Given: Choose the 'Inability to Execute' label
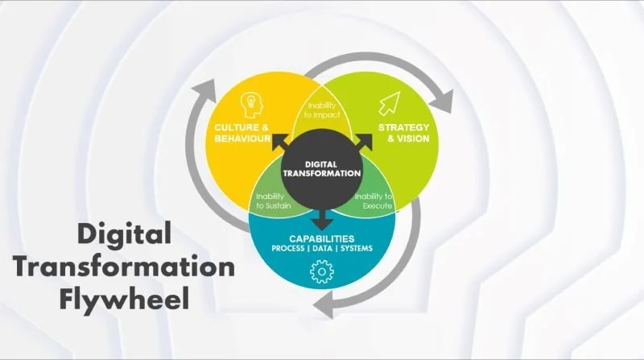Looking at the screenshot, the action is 373,201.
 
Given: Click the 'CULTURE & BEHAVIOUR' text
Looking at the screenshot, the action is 241,134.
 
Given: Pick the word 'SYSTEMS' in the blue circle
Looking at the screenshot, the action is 355,248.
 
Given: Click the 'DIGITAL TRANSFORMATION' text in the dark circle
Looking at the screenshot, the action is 322,168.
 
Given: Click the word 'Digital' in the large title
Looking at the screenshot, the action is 124,234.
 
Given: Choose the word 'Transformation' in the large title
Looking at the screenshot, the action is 122,267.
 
